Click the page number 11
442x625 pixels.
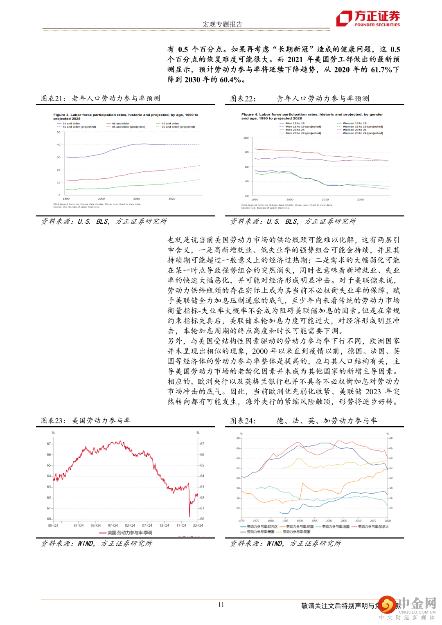(x=221, y=605)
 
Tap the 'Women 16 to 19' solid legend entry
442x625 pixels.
(x=354, y=123)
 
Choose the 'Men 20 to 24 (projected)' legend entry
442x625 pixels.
(x=303, y=133)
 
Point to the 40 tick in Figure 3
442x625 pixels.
(x=59, y=145)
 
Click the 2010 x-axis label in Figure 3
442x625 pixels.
(x=137, y=199)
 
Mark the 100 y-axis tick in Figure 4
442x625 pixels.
(x=246, y=138)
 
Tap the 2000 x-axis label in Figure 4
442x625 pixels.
(x=290, y=200)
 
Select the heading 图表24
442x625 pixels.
(x=243, y=420)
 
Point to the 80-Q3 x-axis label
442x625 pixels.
(x=53, y=526)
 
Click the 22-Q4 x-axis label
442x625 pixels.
(x=198, y=526)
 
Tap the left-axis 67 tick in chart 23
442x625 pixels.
(x=49, y=443)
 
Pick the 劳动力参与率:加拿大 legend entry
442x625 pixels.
(x=373, y=526)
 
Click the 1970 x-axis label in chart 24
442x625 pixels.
(x=241, y=521)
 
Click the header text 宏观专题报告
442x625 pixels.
(x=222, y=24)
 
